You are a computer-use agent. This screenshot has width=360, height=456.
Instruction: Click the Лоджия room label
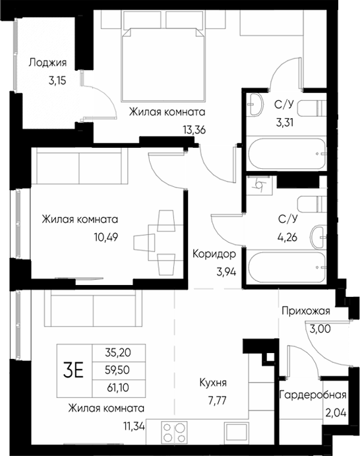point(48,63)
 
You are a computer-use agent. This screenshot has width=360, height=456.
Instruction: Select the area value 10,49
point(98,234)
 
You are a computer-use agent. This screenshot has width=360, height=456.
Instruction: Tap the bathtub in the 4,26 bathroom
point(286,267)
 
